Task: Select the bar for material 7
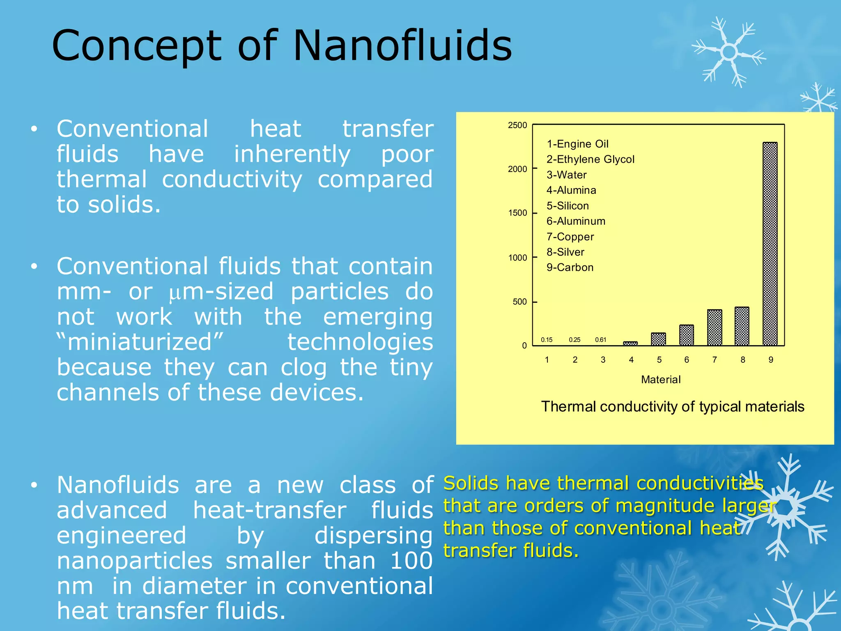pos(715,327)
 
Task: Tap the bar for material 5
pos(658,339)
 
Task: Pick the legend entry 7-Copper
pos(570,237)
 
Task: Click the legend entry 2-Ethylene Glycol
pos(590,159)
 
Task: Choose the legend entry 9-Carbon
pos(570,267)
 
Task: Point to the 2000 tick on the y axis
pos(517,169)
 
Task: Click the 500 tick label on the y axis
pos(519,302)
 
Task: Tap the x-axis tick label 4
pos(631,360)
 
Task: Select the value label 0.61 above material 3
pos(600,340)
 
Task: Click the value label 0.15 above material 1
pos(547,340)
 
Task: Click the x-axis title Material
pos(661,380)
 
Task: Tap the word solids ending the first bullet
pos(123,205)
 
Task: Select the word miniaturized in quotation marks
pos(140,342)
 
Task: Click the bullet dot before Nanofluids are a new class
pos(34,485)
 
